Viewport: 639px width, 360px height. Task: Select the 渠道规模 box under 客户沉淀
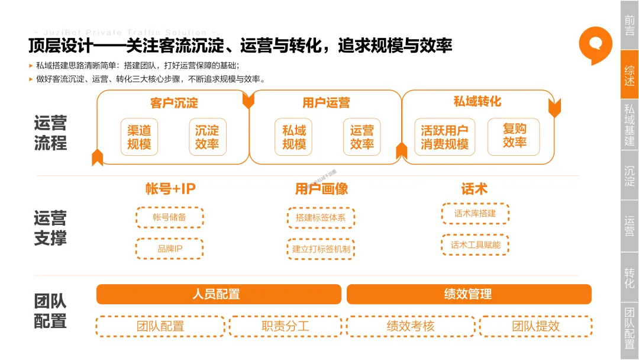coord(139,137)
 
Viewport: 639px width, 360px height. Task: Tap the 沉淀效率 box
coord(207,137)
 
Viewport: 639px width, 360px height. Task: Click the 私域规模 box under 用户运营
coord(293,137)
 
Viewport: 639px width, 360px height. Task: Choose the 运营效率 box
coord(362,137)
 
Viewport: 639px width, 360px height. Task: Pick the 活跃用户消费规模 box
coord(444,137)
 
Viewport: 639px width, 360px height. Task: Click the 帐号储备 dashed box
coord(169,217)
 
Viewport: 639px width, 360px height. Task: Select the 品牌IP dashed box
coord(169,249)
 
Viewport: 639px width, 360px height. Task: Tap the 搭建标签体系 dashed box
coord(321,218)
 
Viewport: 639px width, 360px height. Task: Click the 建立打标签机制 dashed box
coord(321,249)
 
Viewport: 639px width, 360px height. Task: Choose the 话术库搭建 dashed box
coord(475,213)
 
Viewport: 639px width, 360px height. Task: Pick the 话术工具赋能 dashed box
coord(475,245)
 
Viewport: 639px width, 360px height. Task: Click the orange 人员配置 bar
coord(218,294)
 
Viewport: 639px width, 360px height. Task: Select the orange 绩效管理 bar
coord(469,294)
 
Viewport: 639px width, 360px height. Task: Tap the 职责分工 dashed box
coord(285,326)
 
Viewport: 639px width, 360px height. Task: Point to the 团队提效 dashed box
coord(535,326)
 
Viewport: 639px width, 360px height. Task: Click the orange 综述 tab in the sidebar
coord(630,75)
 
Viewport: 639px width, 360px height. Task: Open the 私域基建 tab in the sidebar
coord(630,125)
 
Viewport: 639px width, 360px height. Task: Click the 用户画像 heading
coord(321,189)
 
